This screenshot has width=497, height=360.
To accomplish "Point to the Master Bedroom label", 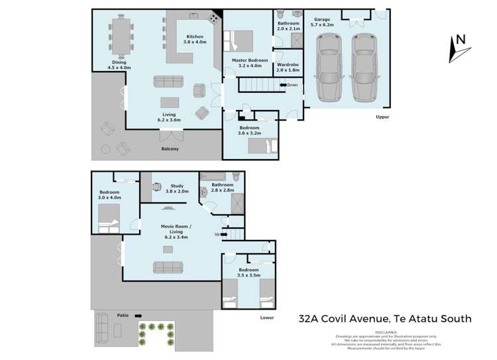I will click(250, 62).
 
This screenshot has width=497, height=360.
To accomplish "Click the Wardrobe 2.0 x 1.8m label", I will click(289, 66).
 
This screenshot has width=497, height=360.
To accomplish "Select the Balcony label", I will click(170, 149).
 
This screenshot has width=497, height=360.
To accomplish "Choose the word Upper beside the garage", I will click(382, 117).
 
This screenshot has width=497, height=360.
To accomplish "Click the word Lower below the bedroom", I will click(266, 318).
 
